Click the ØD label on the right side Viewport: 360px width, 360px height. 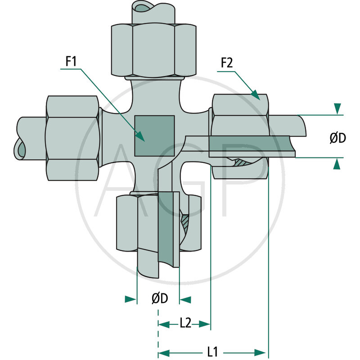tap(337, 139)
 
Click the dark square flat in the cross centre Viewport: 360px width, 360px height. tap(154, 135)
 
